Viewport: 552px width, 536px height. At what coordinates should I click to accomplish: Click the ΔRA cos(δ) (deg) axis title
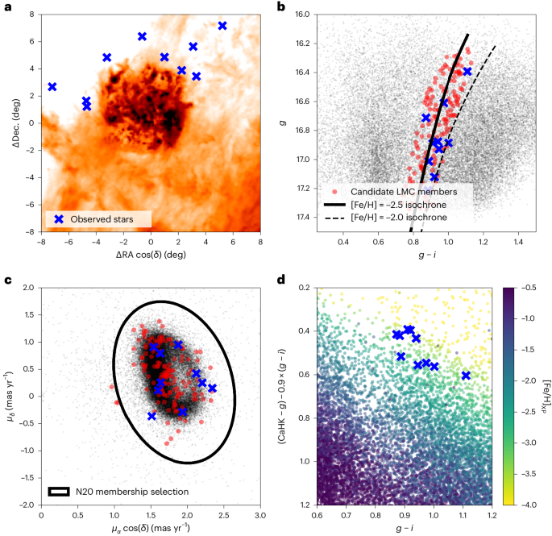pyautogui.click(x=151, y=254)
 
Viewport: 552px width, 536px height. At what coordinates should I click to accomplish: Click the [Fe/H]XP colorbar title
pyautogui.click(x=545, y=396)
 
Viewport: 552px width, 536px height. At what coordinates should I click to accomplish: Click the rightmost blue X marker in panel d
pyautogui.click(x=466, y=376)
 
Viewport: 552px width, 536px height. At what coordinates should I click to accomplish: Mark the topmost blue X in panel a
pyautogui.click(x=222, y=26)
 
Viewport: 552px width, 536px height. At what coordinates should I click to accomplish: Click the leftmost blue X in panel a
pyautogui.click(x=52, y=86)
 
